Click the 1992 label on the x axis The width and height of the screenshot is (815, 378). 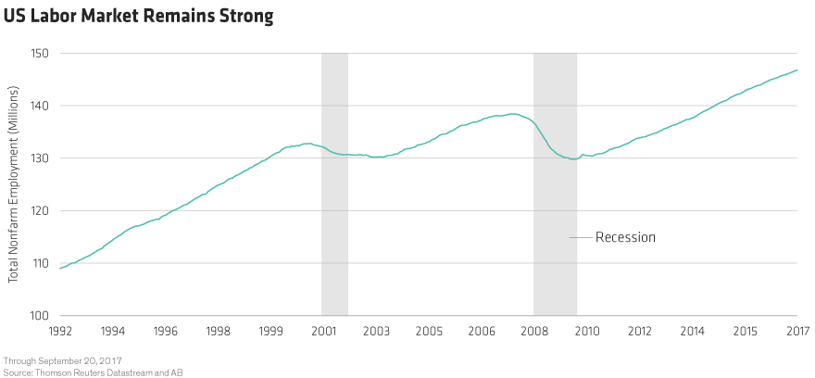tap(60, 331)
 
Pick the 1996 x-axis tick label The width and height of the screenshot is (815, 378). tap(166, 331)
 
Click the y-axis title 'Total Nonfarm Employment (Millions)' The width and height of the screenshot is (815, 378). tap(15, 186)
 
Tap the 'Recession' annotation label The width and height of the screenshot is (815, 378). tap(625, 237)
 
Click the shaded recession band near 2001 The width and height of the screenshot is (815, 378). tap(334, 185)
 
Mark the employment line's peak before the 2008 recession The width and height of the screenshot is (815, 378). tap(512, 114)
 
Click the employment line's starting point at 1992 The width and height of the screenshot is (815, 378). tap(60, 268)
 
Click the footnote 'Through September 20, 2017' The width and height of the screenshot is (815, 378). tap(63, 359)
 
